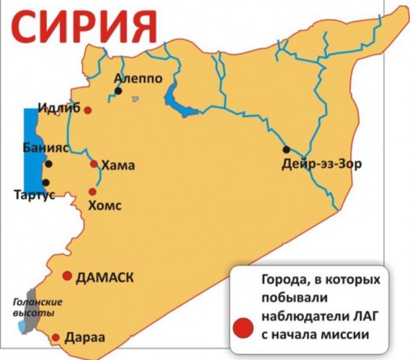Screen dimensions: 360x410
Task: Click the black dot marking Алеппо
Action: coord(117,91)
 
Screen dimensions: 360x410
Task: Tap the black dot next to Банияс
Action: coord(48,164)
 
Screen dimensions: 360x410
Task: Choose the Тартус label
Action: coord(34,195)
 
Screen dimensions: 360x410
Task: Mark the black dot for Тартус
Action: coord(46,182)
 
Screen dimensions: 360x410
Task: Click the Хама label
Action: coord(119,165)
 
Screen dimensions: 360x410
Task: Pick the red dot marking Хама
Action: coord(94,164)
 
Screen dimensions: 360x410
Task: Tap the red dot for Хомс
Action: coord(92,192)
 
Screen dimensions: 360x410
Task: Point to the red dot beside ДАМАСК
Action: coord(67,276)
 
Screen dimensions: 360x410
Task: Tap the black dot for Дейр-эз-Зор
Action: coord(286,150)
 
